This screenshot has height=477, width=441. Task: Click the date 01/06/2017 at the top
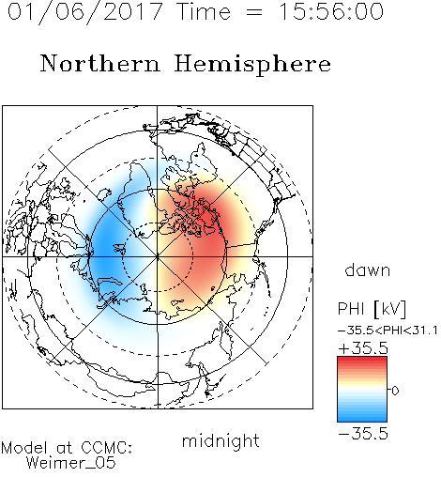pyautogui.click(x=84, y=12)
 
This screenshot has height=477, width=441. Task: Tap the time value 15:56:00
pyautogui.click(x=331, y=11)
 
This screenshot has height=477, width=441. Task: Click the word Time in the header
pyautogui.click(x=204, y=11)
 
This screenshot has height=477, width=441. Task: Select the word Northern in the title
pyautogui.click(x=100, y=64)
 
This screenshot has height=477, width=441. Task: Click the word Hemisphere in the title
pyautogui.click(x=252, y=65)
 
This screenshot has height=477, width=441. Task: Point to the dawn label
pyautogui.click(x=368, y=269)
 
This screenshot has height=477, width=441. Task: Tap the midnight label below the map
pyautogui.click(x=220, y=440)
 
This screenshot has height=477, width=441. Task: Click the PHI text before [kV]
pyautogui.click(x=351, y=309)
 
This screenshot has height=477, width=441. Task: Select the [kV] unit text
pyautogui.click(x=390, y=309)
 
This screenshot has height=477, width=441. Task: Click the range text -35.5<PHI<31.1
pyautogui.click(x=388, y=331)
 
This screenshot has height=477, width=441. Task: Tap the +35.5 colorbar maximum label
pyautogui.click(x=363, y=348)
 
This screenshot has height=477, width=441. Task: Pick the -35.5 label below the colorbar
pyautogui.click(x=363, y=434)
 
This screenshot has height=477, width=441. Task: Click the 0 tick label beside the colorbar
pyautogui.click(x=395, y=391)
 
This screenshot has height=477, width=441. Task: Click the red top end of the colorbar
pyautogui.click(x=362, y=360)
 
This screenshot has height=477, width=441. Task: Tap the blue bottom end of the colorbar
pyautogui.click(x=362, y=419)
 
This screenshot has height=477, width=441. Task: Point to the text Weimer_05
pyautogui.click(x=71, y=463)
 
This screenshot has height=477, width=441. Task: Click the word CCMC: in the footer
pyautogui.click(x=106, y=448)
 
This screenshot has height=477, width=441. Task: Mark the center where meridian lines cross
pyautogui.click(x=158, y=257)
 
